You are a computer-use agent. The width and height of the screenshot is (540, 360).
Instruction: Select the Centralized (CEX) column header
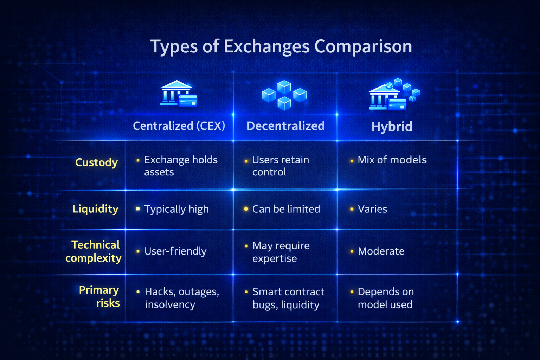tap(179, 126)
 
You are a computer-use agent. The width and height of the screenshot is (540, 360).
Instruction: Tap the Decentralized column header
tap(286, 126)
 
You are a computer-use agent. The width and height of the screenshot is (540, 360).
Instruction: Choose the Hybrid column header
tap(392, 127)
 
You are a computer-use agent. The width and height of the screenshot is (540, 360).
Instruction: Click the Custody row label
tap(96, 162)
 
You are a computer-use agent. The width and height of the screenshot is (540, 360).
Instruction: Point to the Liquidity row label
tap(95, 209)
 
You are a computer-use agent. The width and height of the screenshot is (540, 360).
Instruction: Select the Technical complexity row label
tap(93, 251)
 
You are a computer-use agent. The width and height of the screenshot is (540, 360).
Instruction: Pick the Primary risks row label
tap(99, 297)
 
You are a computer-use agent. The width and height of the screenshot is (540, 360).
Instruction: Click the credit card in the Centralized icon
tap(187, 101)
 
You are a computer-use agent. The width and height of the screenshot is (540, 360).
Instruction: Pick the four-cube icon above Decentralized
tap(284, 95)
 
